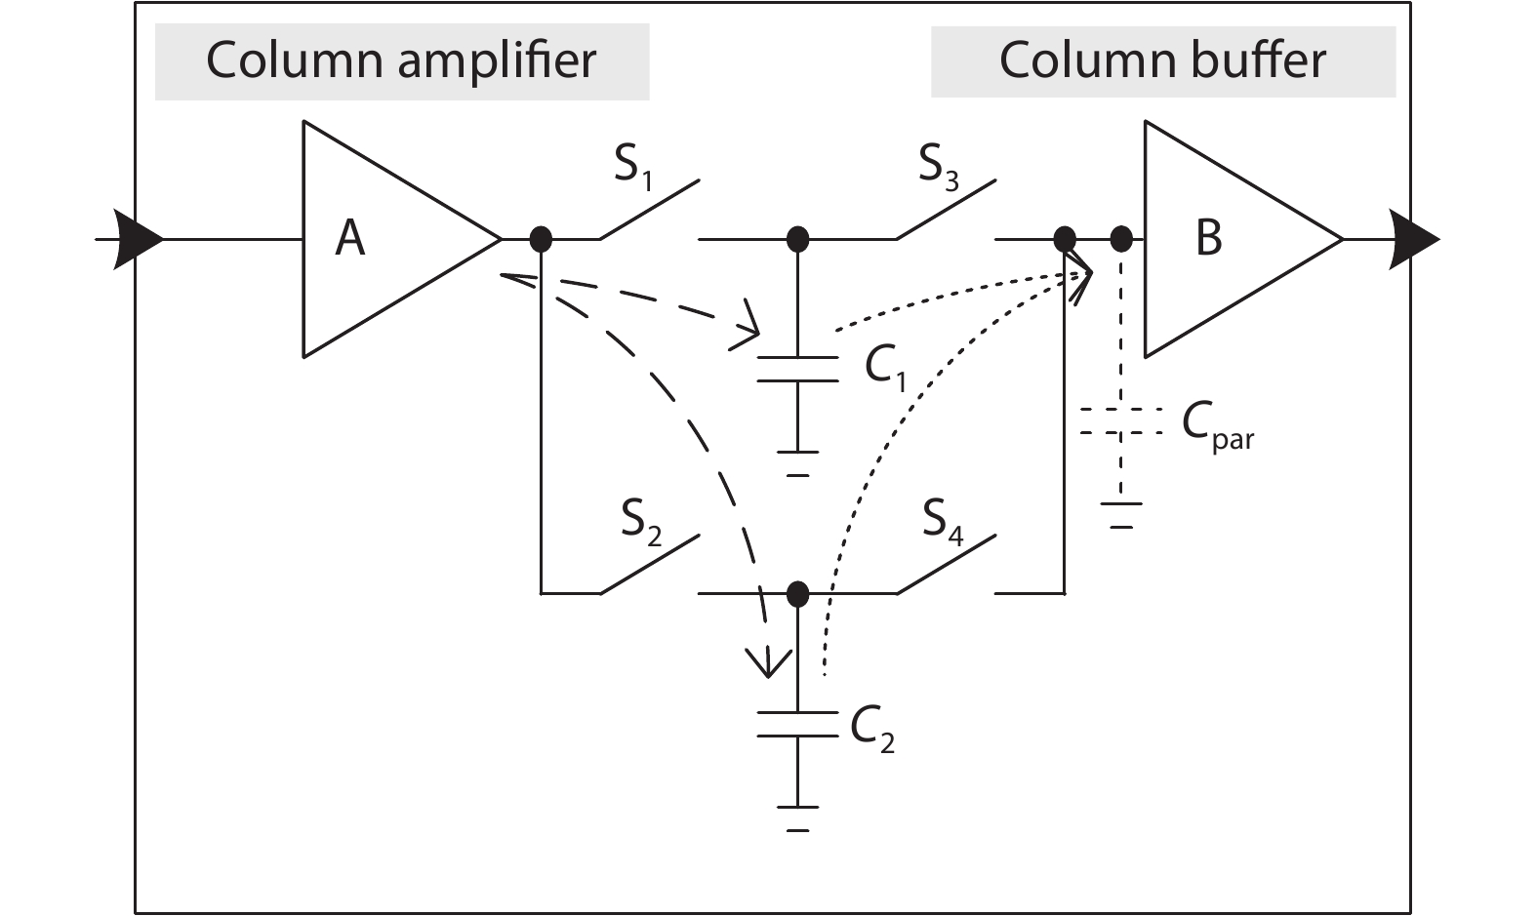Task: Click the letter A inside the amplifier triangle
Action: (350, 238)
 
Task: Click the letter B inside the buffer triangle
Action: (1208, 237)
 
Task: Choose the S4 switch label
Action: (943, 522)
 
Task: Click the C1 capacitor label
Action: (885, 368)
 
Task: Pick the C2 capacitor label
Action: (871, 727)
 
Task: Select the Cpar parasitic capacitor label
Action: (1216, 425)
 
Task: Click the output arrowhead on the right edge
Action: (1414, 239)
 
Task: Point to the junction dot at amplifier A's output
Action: (540, 239)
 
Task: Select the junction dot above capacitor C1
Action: (798, 239)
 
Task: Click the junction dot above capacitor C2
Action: (798, 593)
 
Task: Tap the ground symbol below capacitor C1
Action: (797, 461)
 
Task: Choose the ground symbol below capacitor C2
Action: (797, 816)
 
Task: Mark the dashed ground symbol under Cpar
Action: (1121, 513)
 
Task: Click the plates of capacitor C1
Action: (797, 369)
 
